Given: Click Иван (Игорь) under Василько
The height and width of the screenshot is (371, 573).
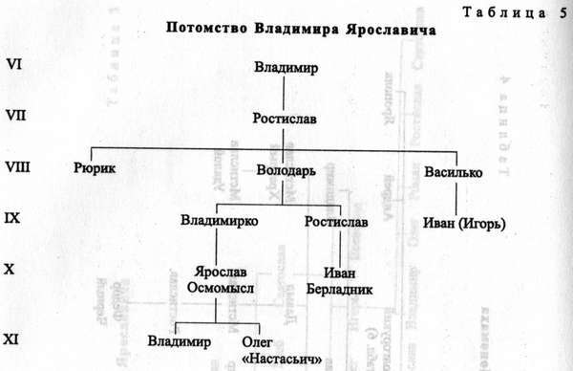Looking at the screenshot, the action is tap(462, 226).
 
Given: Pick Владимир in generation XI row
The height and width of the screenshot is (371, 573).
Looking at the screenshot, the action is tap(179, 340).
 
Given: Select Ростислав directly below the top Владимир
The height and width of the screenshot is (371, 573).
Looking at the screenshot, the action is tap(285, 120).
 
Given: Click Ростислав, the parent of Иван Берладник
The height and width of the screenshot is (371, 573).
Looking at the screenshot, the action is tap(334, 222).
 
